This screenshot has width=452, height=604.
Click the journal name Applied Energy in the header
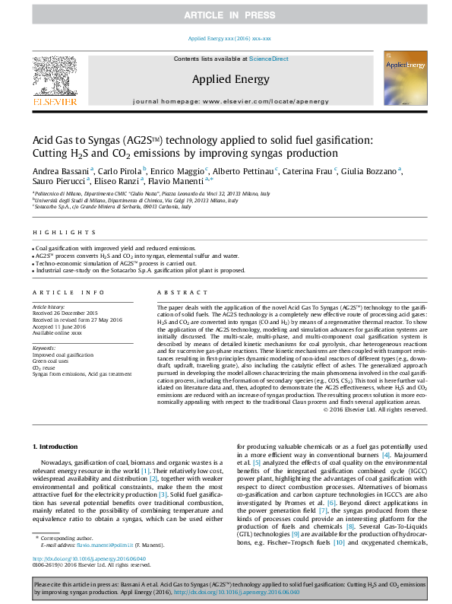click(229, 79)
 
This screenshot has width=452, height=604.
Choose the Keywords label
click(45, 348)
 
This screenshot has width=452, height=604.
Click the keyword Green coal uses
click(52, 360)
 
